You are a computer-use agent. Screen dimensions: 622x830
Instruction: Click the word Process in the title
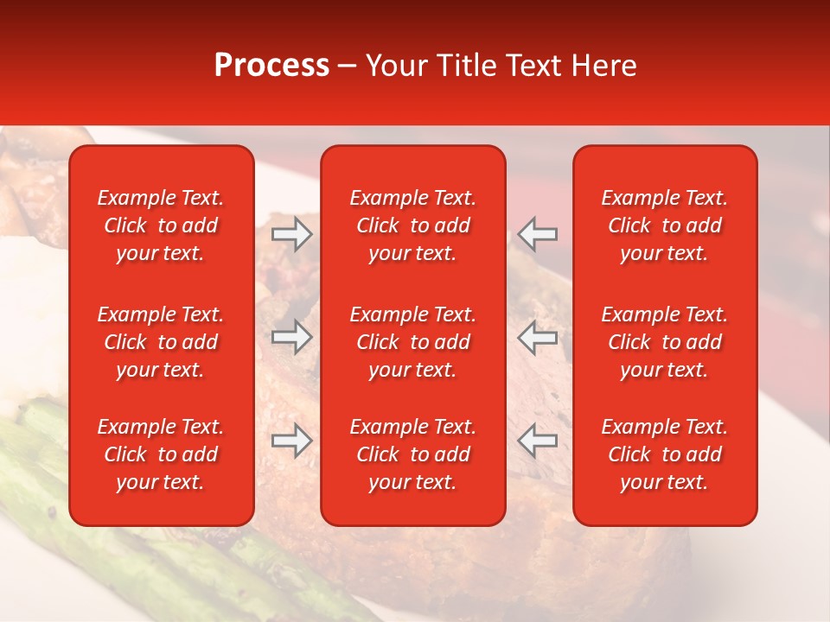(x=271, y=66)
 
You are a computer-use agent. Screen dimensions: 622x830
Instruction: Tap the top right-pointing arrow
(x=292, y=234)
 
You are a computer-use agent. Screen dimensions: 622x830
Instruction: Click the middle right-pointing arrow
(x=292, y=337)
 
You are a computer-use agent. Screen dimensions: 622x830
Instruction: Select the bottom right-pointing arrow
(x=292, y=441)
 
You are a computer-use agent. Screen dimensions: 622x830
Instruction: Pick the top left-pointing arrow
(x=538, y=234)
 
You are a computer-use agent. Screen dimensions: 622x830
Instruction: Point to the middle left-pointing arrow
(x=538, y=337)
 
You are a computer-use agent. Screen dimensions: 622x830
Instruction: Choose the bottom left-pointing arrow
(x=538, y=441)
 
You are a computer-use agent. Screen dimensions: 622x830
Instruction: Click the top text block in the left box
(x=161, y=225)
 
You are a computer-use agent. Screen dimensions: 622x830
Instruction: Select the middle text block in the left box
(x=161, y=342)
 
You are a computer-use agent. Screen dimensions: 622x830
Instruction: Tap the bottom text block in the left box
(x=161, y=454)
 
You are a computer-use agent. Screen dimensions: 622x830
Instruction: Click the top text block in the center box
(x=413, y=225)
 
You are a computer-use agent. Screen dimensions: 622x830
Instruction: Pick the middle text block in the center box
(x=413, y=342)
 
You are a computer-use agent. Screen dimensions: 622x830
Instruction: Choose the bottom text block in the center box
(x=413, y=454)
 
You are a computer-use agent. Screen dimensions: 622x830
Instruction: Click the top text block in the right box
(x=665, y=225)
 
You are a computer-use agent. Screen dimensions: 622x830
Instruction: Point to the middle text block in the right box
(x=665, y=342)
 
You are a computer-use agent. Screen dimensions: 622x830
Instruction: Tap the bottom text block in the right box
(x=665, y=454)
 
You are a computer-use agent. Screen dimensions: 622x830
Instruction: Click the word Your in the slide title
(x=393, y=66)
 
